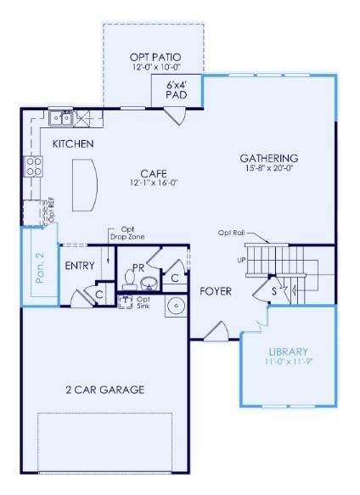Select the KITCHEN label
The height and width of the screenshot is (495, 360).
73,144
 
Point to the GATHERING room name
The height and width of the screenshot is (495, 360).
268,158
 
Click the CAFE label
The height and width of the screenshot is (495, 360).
154,173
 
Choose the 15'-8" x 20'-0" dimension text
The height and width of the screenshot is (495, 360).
268,168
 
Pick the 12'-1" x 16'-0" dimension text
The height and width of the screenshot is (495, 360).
154,183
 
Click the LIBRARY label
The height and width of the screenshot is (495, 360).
288,352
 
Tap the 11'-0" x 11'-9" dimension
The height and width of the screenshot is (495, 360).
288,362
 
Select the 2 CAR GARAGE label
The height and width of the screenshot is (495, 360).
105,390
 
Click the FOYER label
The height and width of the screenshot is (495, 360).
216,291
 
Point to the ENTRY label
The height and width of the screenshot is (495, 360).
80,266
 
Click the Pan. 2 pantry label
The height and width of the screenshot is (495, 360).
39,267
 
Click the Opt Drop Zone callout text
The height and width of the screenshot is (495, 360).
127,233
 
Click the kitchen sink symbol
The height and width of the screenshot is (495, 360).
60,118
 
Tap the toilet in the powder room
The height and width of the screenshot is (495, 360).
149,281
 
